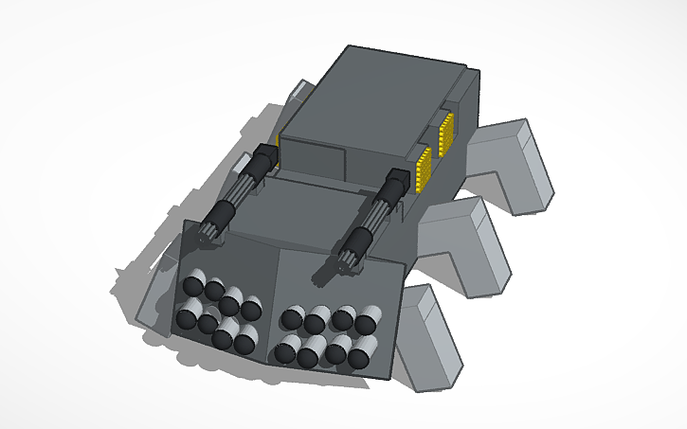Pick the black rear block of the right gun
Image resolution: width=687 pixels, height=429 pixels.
click(395, 181)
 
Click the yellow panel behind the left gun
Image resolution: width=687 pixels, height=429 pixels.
click(279, 138)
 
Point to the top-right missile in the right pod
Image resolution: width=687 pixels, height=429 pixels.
click(368, 319)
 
